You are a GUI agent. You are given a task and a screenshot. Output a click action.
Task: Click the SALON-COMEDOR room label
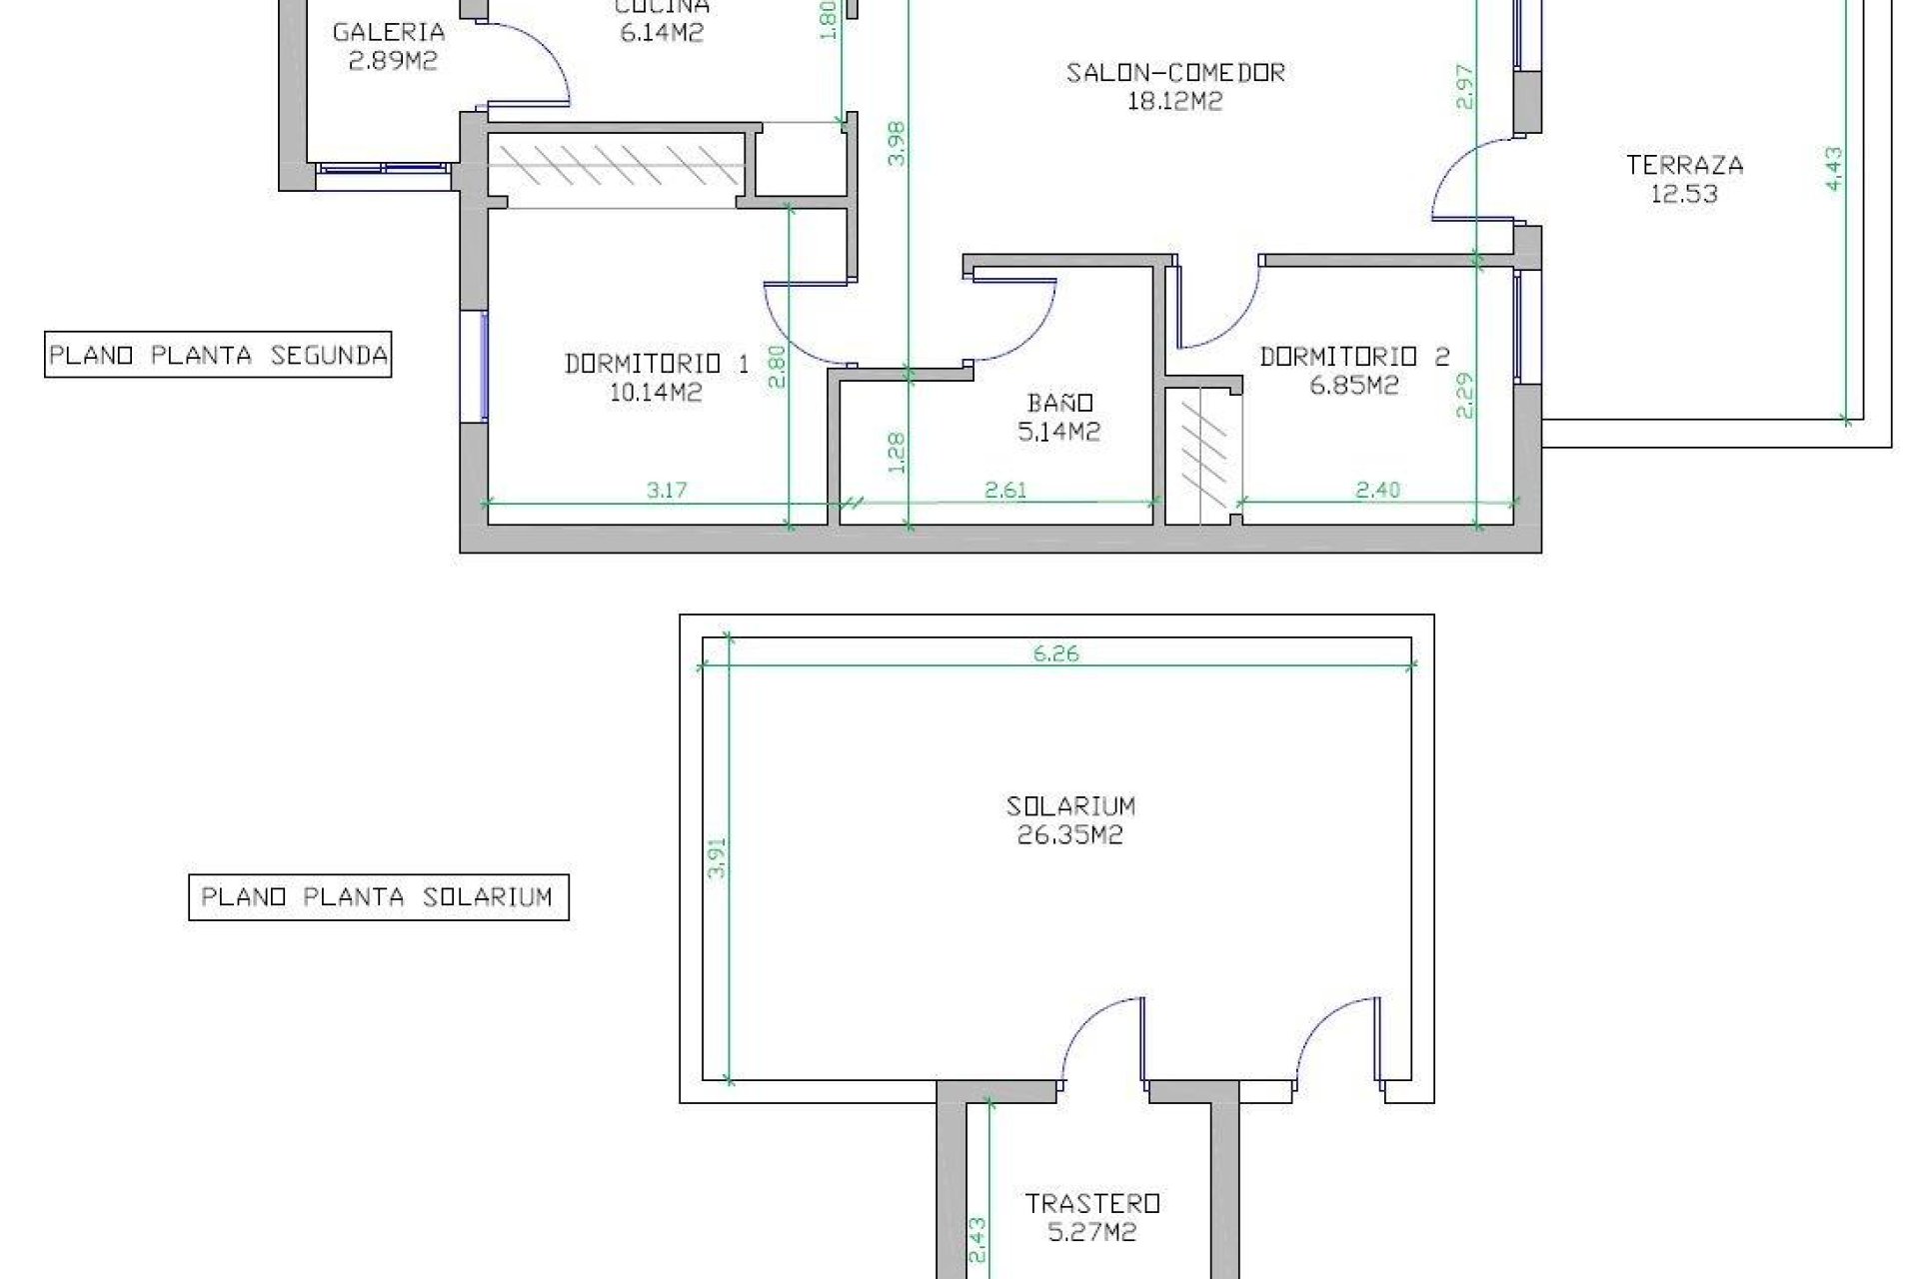pos(1174,73)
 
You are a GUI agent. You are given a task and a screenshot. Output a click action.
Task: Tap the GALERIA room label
pos(388,32)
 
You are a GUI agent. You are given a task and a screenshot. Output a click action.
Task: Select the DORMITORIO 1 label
pos(656,364)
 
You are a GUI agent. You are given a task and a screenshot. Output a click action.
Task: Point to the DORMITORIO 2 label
pos(1353,357)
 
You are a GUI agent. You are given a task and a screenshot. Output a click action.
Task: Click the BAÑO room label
pos(1060,403)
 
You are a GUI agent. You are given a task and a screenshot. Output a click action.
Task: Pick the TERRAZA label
pos(1684,165)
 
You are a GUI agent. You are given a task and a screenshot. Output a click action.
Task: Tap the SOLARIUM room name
pos(1069,806)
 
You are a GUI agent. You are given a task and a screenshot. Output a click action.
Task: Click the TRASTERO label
pos(1091,1203)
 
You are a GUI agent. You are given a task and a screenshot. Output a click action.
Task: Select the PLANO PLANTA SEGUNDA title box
pos(218,355)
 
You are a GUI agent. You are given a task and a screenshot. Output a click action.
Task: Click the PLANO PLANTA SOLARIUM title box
pos(378,897)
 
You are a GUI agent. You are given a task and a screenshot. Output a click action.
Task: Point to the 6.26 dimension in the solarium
pos(1055,653)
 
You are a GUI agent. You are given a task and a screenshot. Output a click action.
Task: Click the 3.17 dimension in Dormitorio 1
pos(667,490)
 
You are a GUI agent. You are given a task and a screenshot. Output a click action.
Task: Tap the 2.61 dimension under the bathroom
pos(1004,490)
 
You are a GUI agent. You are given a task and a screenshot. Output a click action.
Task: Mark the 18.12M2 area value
pos(1174,101)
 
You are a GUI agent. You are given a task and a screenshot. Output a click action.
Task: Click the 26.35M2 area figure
pos(1069,835)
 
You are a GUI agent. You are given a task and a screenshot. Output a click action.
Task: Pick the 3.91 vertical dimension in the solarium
pos(716,857)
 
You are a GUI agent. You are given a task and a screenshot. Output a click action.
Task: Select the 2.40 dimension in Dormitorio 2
pos(1377,490)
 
